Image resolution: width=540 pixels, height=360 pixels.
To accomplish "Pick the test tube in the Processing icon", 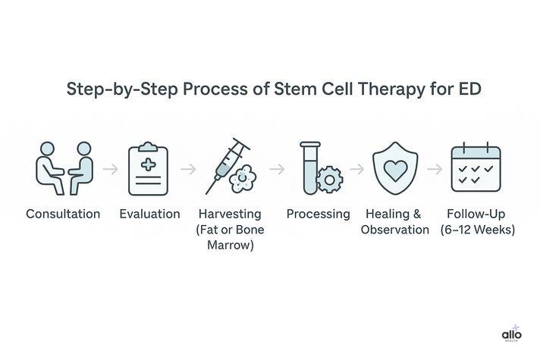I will (x=309, y=167).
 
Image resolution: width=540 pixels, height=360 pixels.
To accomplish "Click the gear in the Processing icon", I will (x=329, y=178).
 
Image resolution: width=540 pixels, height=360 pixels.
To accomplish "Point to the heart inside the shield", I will (x=394, y=169).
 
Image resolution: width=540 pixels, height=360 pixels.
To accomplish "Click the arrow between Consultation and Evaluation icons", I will (x=110, y=169).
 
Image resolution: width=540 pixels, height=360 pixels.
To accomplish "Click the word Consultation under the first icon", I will (x=63, y=214).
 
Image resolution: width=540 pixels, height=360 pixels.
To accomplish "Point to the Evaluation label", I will (x=149, y=214).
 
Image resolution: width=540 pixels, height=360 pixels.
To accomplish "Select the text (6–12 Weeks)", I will (x=478, y=230).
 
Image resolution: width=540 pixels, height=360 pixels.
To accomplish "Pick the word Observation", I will (x=395, y=230).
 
